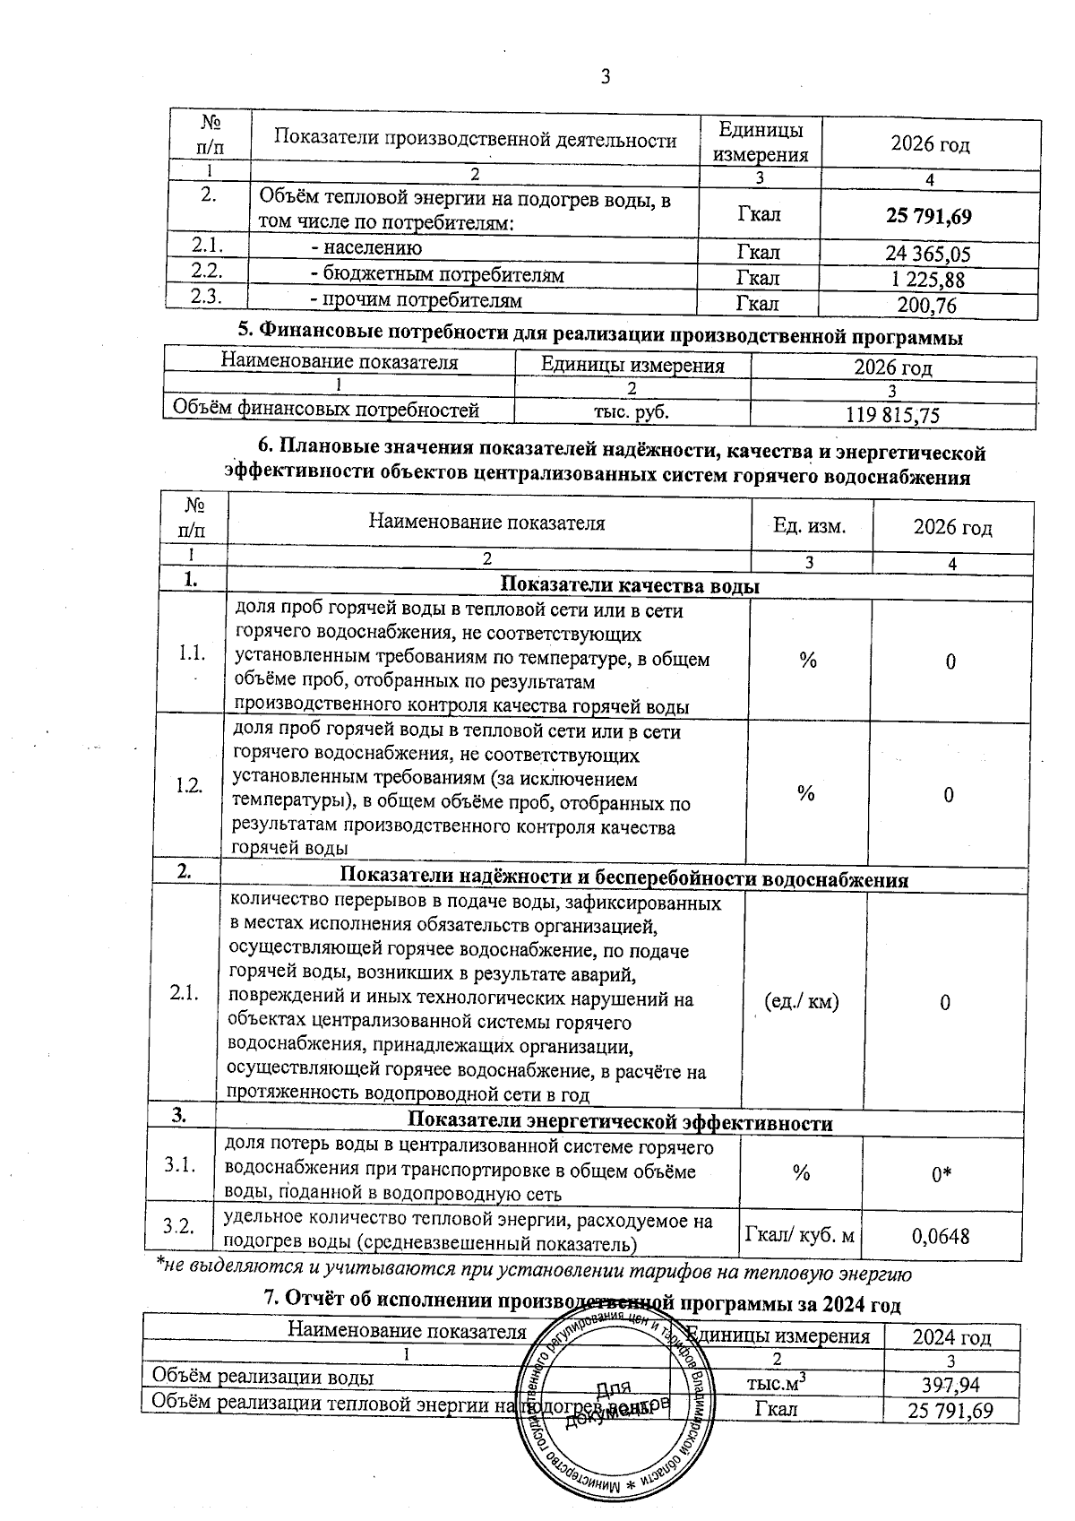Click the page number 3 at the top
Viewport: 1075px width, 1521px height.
point(605,77)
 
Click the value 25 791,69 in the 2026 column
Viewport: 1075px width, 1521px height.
point(929,216)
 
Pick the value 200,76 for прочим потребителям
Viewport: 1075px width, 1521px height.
point(927,306)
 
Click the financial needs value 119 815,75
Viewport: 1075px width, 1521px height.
point(892,414)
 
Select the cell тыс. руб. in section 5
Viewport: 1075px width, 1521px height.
point(632,411)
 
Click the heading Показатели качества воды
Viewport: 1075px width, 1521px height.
point(629,586)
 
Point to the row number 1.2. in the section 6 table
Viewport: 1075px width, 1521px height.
point(189,785)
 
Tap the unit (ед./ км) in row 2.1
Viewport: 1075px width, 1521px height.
point(803,1001)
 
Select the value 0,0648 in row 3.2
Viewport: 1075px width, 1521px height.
point(941,1237)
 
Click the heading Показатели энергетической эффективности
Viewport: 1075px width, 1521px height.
point(620,1123)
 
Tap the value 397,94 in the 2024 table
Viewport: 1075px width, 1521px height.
point(938,1386)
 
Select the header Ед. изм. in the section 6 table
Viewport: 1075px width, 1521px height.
point(809,525)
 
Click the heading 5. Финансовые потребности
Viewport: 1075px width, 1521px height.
point(600,338)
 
